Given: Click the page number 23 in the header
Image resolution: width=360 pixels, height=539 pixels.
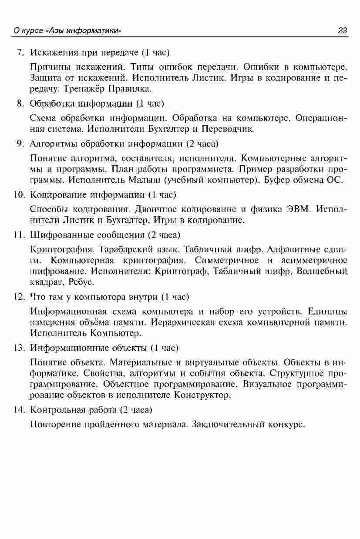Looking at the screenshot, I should point(342,30).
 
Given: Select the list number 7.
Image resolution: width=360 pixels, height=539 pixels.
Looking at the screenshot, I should point(20,53).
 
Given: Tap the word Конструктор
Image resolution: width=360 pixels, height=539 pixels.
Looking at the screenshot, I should point(202,395).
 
